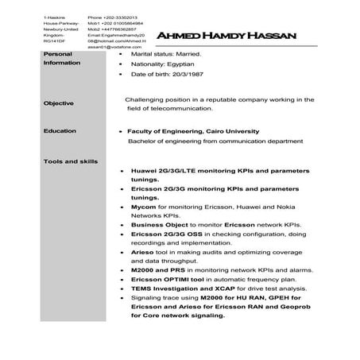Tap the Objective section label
pos(60,103)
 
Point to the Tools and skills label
pos(72,161)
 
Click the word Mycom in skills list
pos(144,206)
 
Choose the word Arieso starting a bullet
pos(143,251)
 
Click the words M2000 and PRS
pos(158,270)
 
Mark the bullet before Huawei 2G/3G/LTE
pos(120,171)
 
